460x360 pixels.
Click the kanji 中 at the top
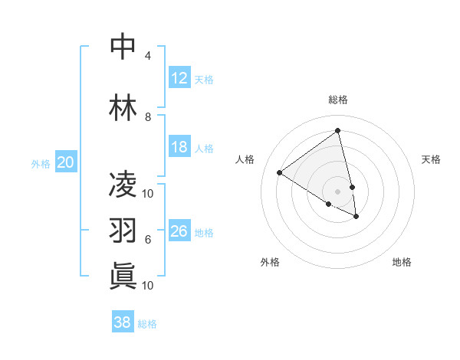pyautogui.click(x=123, y=46)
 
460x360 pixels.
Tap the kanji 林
pyautogui.click(x=123, y=106)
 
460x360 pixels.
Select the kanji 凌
pyautogui.click(x=123, y=185)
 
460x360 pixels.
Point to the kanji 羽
pyautogui.click(x=123, y=229)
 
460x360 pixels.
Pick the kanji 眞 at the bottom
pyautogui.click(x=123, y=275)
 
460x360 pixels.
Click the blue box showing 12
pyautogui.click(x=179, y=78)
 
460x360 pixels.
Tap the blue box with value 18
pyautogui.click(x=179, y=147)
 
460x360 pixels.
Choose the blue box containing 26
pyautogui.click(x=179, y=231)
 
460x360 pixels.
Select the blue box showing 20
pyautogui.click(x=66, y=162)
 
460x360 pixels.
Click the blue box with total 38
pyautogui.click(x=122, y=322)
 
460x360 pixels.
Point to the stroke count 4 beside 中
pyautogui.click(x=147, y=56)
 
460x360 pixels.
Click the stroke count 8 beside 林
pyautogui.click(x=147, y=117)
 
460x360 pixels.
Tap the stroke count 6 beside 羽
pyautogui.click(x=147, y=240)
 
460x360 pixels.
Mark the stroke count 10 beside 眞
pyautogui.click(x=148, y=286)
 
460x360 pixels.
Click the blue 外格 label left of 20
pyautogui.click(x=41, y=163)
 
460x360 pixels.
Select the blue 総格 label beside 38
pyautogui.click(x=147, y=324)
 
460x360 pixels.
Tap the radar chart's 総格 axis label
pyautogui.click(x=337, y=100)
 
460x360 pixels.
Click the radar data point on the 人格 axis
pyautogui.click(x=279, y=172)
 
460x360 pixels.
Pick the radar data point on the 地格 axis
pyautogui.click(x=356, y=217)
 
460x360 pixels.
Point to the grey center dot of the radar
pyautogui.click(x=337, y=191)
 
